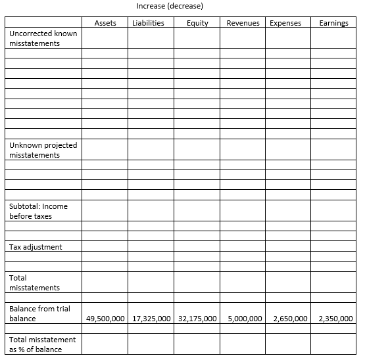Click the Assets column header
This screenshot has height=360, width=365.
click(105, 23)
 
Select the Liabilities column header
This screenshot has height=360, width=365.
click(148, 23)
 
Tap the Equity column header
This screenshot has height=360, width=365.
click(197, 23)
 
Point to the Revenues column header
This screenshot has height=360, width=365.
click(243, 23)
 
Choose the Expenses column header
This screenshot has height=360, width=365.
click(285, 23)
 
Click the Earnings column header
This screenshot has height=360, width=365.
click(333, 23)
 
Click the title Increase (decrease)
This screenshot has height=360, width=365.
click(170, 6)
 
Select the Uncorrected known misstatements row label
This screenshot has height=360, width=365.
click(43, 38)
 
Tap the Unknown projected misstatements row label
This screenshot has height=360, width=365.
click(43, 150)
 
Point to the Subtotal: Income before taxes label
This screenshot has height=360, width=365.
click(38, 211)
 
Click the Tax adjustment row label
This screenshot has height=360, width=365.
click(36, 247)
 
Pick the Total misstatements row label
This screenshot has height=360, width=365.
click(34, 282)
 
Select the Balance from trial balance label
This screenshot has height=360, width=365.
click(39, 313)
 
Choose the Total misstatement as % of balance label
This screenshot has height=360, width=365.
click(42, 344)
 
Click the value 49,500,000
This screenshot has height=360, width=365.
click(105, 319)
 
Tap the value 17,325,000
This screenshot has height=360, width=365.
click(151, 319)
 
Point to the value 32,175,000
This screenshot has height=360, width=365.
click(197, 319)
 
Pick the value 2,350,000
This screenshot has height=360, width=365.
click(335, 319)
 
